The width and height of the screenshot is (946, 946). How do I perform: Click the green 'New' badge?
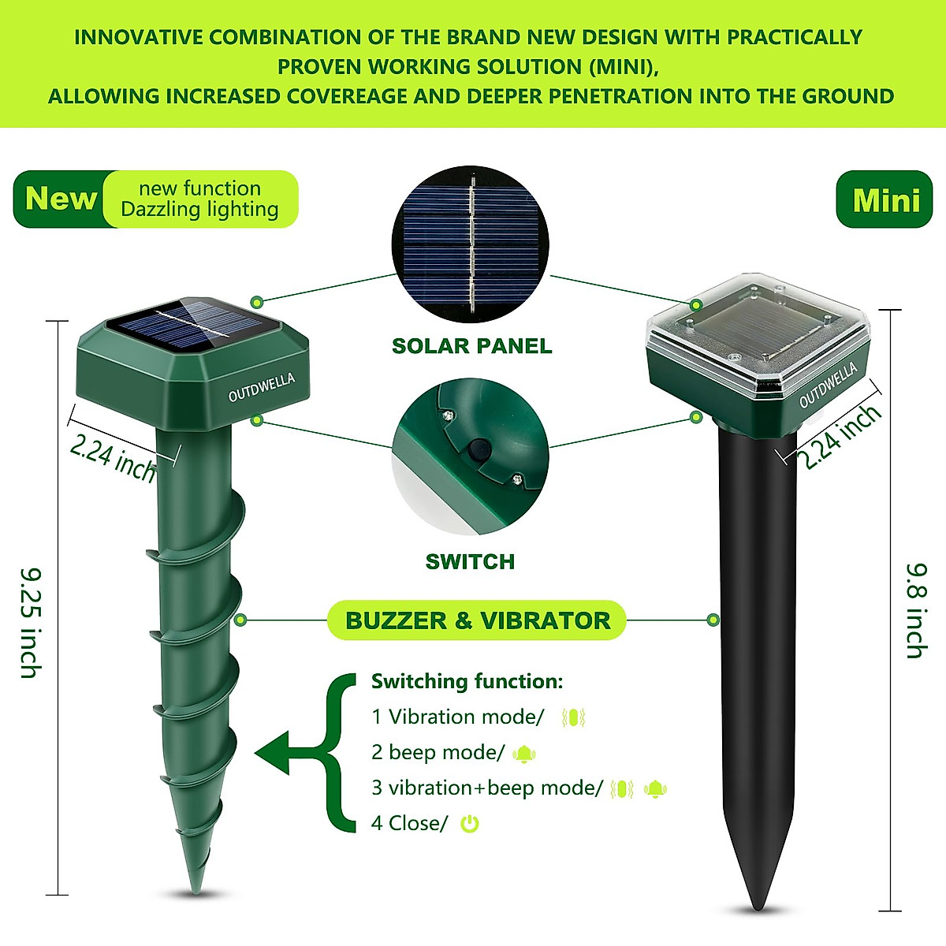[60, 199]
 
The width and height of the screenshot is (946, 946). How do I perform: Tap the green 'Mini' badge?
[885, 200]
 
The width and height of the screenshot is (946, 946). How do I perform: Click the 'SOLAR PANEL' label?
[471, 346]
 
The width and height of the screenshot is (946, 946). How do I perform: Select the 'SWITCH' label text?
[470, 562]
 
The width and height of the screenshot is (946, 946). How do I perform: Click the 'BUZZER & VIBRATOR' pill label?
[477, 620]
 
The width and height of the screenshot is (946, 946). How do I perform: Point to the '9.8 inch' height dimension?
[915, 610]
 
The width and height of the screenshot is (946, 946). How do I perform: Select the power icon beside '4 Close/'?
[470, 825]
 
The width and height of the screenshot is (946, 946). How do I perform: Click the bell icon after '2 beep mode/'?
[523, 754]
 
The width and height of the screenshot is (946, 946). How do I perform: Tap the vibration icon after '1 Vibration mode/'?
[573, 718]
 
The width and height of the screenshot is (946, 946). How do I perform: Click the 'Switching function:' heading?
[467, 681]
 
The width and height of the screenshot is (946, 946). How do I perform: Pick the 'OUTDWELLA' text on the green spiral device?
[261, 388]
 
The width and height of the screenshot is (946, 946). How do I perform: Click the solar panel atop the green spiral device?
[193, 323]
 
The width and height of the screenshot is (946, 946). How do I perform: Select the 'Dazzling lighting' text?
[199, 210]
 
